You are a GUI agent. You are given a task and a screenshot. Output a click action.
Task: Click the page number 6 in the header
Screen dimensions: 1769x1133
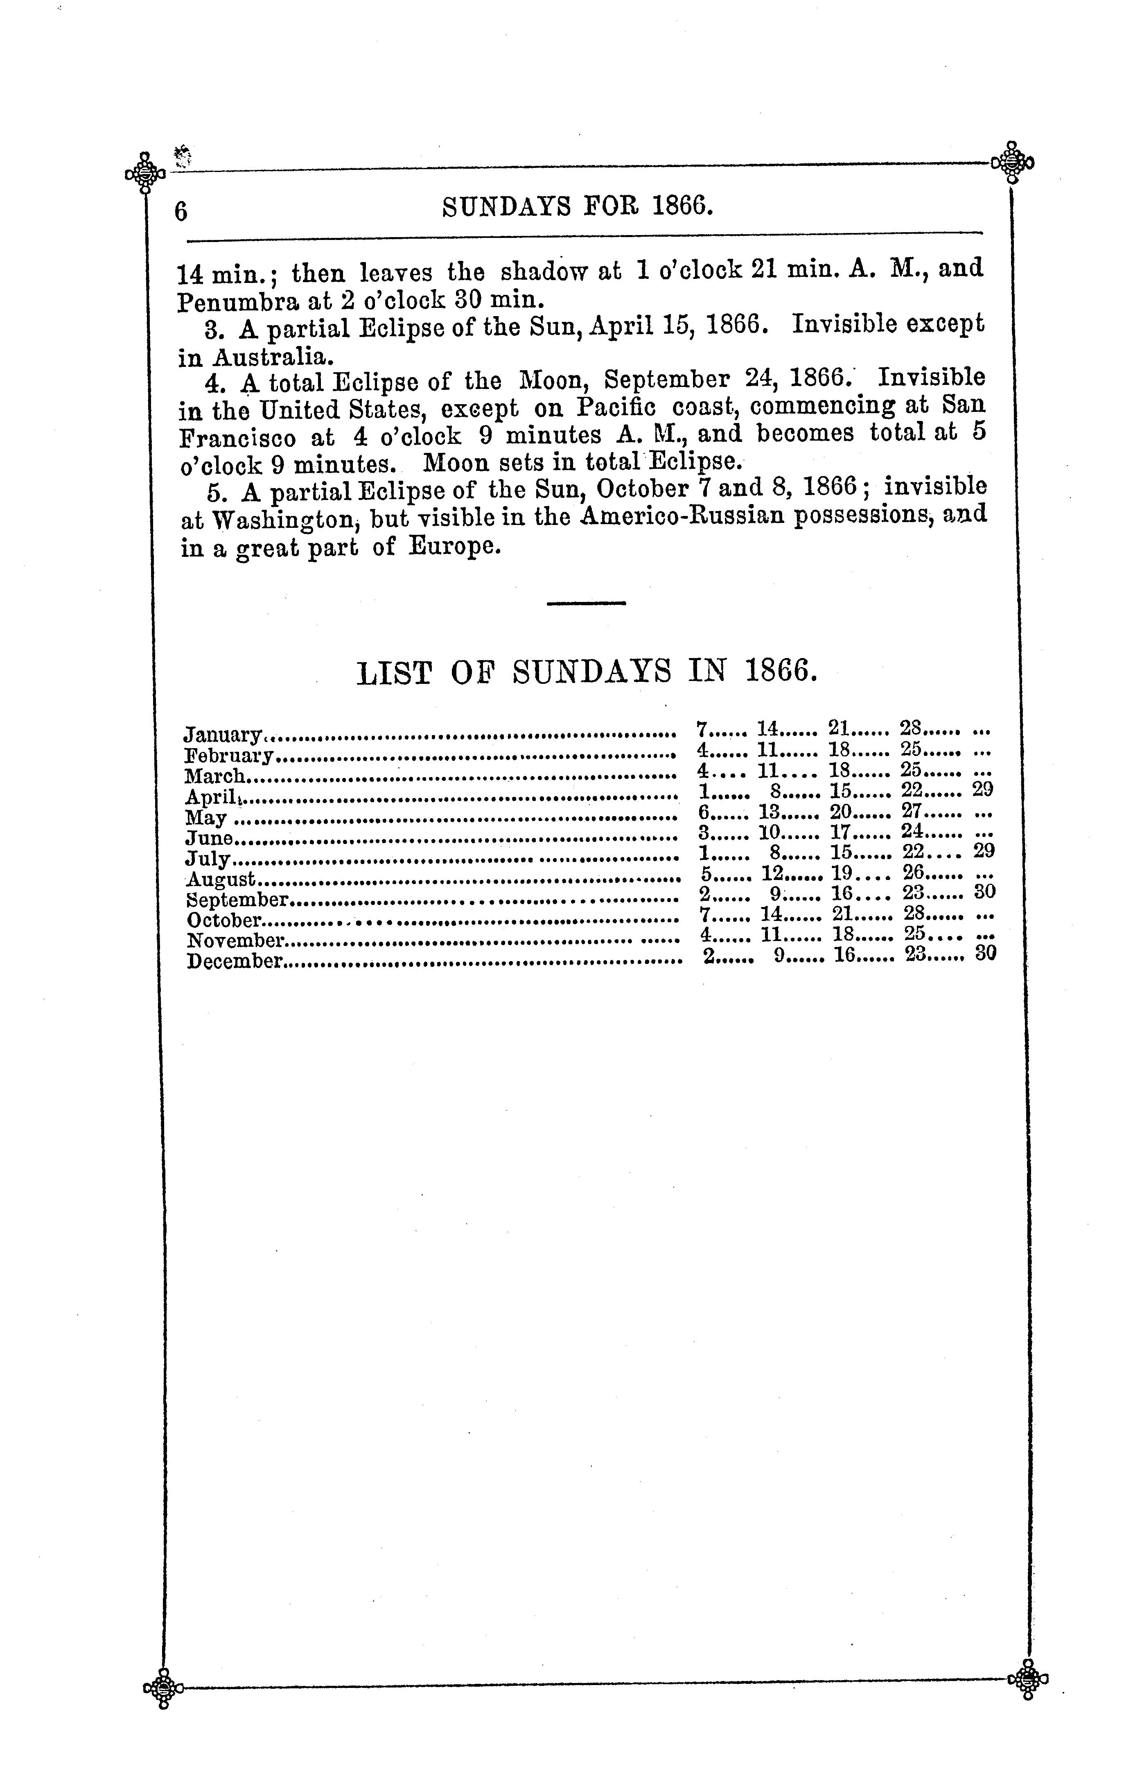(181, 211)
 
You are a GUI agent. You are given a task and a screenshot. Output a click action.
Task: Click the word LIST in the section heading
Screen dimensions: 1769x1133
(394, 672)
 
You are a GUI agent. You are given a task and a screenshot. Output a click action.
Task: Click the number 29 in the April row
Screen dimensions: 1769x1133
(983, 789)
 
